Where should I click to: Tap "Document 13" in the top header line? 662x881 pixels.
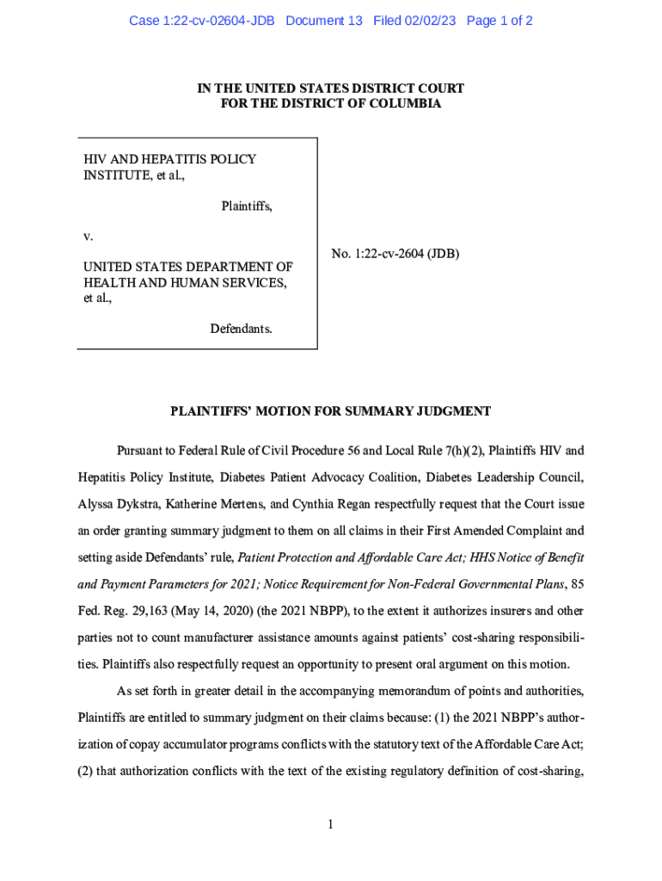click(324, 21)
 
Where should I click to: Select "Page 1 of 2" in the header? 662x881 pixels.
click(500, 21)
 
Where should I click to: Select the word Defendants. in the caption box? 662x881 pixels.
click(242, 329)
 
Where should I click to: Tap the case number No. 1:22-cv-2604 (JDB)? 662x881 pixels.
click(395, 254)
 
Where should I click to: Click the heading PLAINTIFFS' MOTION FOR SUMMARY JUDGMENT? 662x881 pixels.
click(331, 411)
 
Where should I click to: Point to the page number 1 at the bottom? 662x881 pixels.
click(330, 825)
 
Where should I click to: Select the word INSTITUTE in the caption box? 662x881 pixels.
click(115, 176)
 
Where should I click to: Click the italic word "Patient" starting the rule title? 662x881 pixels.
click(259, 558)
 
